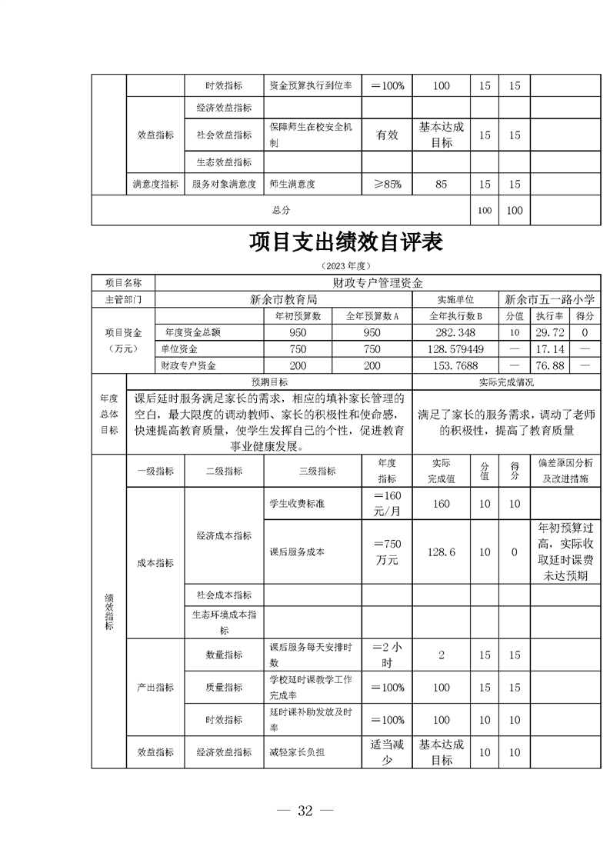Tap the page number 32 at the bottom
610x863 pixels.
305,810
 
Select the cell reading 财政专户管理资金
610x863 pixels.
378,282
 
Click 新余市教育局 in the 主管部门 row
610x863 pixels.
284,299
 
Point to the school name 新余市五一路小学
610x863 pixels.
552,299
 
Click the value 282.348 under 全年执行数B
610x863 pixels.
457,332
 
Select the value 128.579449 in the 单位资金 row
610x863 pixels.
457,349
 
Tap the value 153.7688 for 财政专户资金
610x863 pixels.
457,365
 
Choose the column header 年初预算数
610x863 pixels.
298,316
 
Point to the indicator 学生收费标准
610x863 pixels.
290,504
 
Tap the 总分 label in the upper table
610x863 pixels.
281,210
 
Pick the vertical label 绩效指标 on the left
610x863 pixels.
108,611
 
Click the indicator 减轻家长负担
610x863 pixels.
297,751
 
